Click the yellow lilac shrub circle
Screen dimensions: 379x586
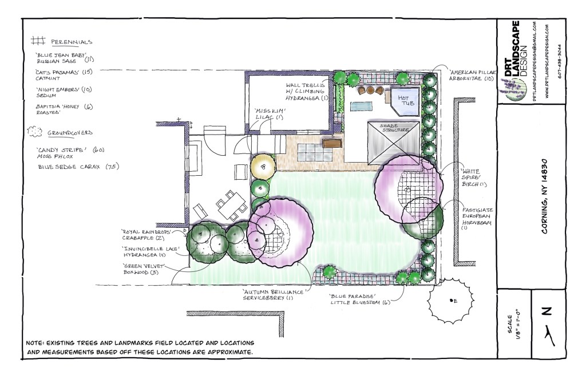[x=264, y=167]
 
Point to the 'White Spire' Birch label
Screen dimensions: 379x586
[x=472, y=177]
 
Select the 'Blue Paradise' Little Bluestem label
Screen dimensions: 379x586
[x=359, y=299]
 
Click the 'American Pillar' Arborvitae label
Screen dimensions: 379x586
[x=472, y=76]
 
